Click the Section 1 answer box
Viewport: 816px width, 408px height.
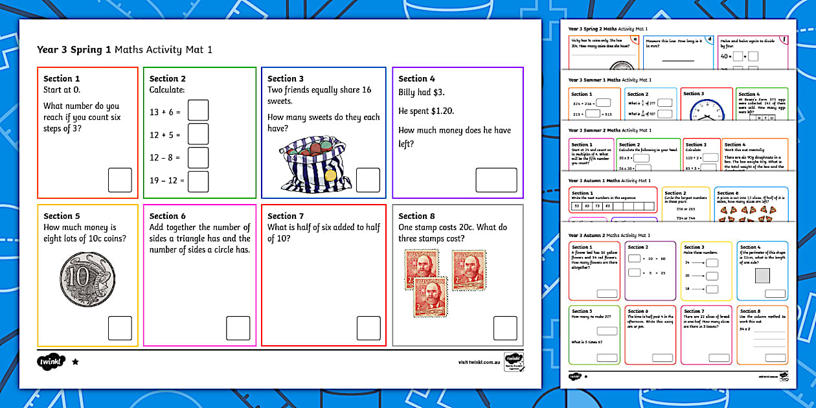(120, 180)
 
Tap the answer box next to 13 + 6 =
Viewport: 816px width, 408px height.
(198, 111)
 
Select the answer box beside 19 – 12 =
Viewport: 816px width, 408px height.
(198, 181)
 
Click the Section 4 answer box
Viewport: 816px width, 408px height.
(496, 180)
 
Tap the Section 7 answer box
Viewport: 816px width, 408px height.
(368, 328)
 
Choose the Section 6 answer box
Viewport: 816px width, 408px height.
(238, 328)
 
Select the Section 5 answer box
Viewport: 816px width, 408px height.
(120, 328)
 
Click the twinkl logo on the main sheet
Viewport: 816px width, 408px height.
(52, 361)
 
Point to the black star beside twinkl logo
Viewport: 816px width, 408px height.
(75, 362)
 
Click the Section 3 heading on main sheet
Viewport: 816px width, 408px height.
(286, 79)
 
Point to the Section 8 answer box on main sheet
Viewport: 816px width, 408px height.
(504, 328)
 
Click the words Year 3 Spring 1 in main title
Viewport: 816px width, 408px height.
(74, 50)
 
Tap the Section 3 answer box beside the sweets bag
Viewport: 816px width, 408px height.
(368, 180)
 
